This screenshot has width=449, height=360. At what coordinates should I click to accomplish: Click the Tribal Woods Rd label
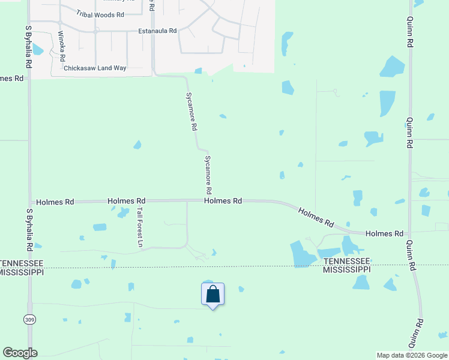(x=100, y=13)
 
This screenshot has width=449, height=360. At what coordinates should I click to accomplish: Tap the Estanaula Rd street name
(x=157, y=31)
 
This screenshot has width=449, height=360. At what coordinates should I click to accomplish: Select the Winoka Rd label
(x=61, y=46)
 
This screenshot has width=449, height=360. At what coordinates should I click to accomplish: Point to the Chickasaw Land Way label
(x=95, y=68)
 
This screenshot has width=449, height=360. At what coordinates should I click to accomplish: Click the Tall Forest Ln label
(x=140, y=227)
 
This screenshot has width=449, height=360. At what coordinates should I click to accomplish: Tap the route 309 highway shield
(x=29, y=320)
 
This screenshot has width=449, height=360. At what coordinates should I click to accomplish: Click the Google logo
(x=20, y=353)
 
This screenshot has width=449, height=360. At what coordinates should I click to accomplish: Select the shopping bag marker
(x=212, y=295)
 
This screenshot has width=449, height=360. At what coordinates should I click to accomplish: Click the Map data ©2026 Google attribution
(x=412, y=355)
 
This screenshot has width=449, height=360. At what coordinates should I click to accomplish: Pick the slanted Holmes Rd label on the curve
(x=316, y=217)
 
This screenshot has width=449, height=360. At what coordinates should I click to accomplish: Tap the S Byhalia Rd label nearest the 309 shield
(x=29, y=230)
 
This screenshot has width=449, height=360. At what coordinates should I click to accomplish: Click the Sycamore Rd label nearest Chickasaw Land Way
(x=191, y=112)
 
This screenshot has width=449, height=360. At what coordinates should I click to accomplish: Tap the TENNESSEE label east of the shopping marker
(x=346, y=262)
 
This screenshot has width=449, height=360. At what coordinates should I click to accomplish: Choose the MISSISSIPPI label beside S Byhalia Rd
(x=22, y=272)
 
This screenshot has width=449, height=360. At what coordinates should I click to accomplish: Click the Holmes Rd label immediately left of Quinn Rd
(x=384, y=233)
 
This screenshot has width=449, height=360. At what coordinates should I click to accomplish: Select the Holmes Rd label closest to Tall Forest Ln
(x=127, y=201)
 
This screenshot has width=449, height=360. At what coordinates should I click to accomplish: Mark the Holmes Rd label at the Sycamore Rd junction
(x=223, y=201)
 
